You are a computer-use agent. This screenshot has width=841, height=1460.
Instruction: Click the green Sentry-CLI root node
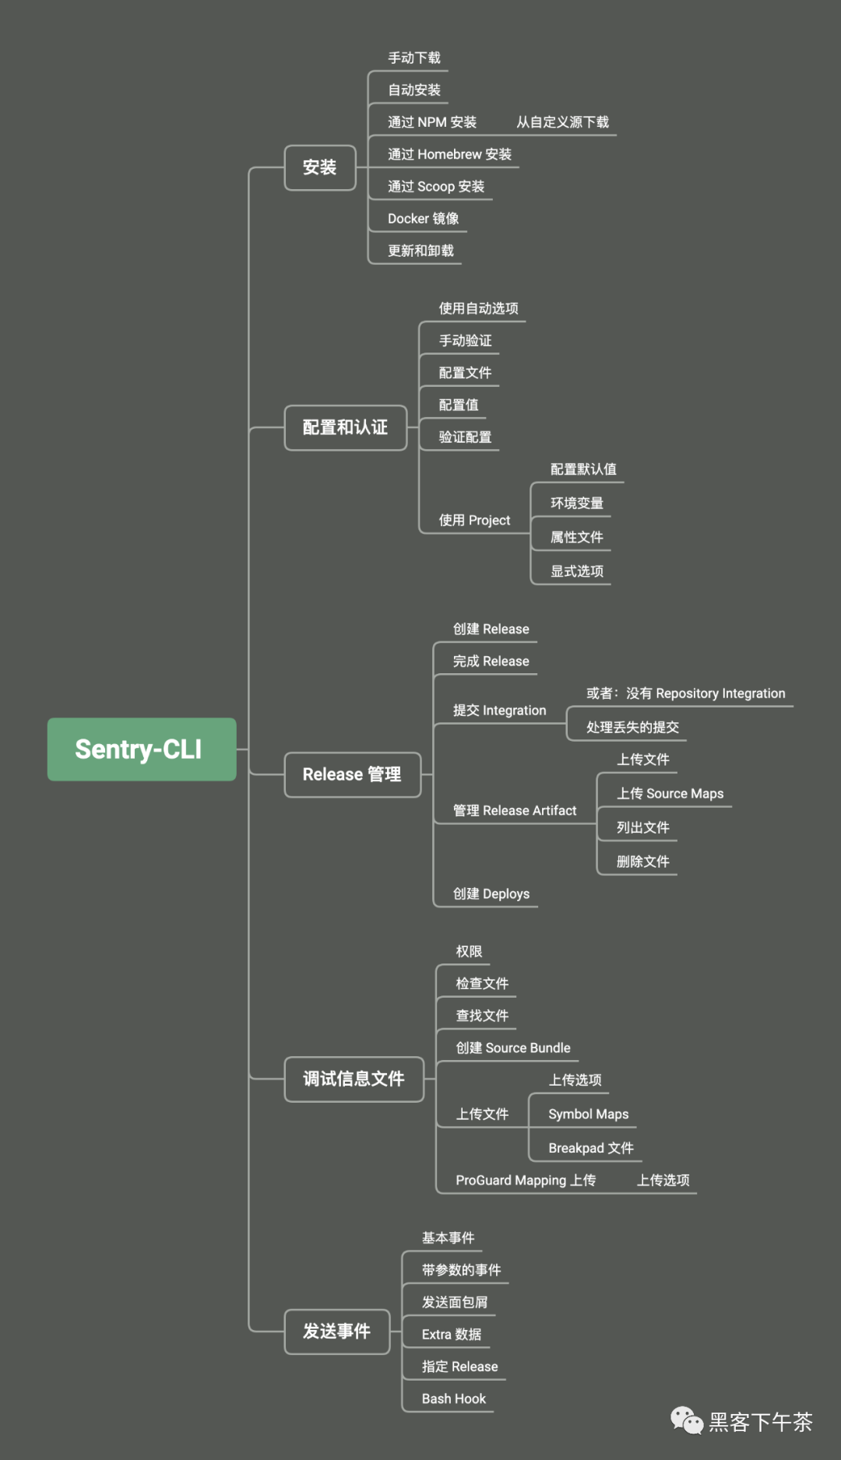[142, 749]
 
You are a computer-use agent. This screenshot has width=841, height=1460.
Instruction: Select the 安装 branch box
[320, 167]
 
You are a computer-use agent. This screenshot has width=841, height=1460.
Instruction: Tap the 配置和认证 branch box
[346, 427]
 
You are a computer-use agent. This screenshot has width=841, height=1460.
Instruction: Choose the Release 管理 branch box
[353, 774]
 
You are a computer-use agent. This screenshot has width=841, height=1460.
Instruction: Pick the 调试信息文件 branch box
[354, 1079]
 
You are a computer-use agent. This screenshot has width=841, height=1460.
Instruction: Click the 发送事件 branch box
[337, 1332]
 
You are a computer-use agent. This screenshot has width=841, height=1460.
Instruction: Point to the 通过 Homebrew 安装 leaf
[450, 154]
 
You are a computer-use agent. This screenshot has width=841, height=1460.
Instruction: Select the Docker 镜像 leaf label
[424, 219]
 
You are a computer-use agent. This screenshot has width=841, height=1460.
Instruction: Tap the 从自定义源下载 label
[563, 122]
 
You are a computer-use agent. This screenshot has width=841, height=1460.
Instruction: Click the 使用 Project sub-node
[475, 520]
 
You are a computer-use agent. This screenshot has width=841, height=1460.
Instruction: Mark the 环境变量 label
[577, 503]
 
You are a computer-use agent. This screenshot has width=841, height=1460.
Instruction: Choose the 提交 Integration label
[500, 711]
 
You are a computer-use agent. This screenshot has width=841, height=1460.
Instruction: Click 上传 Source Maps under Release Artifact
[670, 793]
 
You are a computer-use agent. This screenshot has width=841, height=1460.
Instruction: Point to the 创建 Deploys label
[491, 893]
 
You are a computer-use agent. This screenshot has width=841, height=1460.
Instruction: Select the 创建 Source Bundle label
[513, 1048]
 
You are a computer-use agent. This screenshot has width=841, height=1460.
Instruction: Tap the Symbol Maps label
[589, 1114]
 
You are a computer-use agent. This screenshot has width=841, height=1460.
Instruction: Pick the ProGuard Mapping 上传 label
[526, 1180]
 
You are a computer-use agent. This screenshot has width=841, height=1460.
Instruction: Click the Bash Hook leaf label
[454, 1399]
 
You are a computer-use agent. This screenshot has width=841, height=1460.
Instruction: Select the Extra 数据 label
[452, 1334]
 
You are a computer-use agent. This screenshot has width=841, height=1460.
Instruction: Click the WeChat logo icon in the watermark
[687, 1420]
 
